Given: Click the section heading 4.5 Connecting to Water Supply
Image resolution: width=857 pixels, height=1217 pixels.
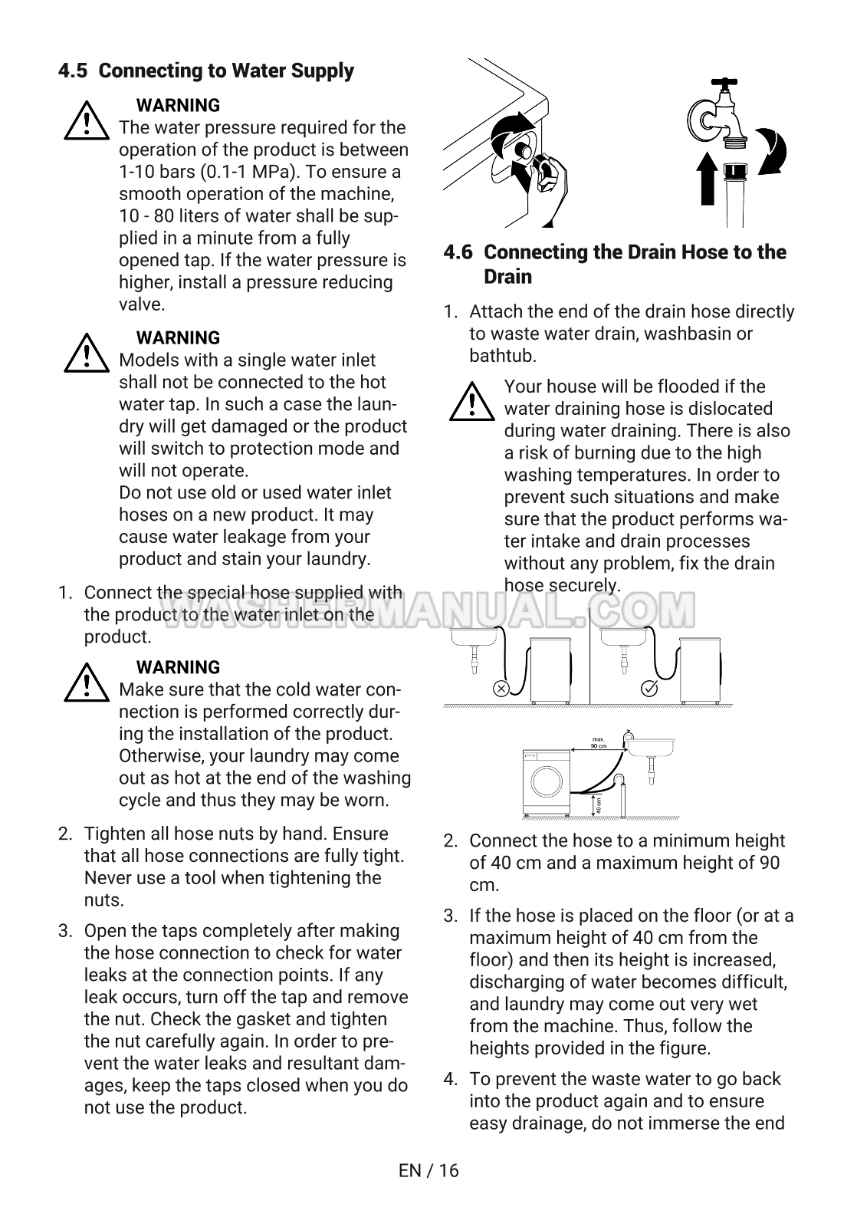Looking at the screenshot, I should [206, 71].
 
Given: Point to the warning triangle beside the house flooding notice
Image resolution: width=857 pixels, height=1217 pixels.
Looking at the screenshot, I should [472, 403].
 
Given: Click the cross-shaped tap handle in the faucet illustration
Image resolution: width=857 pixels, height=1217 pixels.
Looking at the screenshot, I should [723, 83].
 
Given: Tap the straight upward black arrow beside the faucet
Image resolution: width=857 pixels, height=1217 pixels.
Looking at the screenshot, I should [709, 179].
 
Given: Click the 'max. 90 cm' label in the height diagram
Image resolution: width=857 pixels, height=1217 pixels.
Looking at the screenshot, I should [599, 742].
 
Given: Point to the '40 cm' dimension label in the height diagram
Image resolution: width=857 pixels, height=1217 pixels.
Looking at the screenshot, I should [599, 805].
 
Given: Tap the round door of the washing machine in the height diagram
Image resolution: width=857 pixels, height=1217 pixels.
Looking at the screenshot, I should [547, 782].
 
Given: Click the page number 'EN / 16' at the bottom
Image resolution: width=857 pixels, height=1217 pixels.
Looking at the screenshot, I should [428, 1170].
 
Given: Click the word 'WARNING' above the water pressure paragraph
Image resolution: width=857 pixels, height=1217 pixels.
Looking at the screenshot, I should [178, 105].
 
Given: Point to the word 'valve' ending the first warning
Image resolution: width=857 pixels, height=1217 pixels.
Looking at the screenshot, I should [141, 304].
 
